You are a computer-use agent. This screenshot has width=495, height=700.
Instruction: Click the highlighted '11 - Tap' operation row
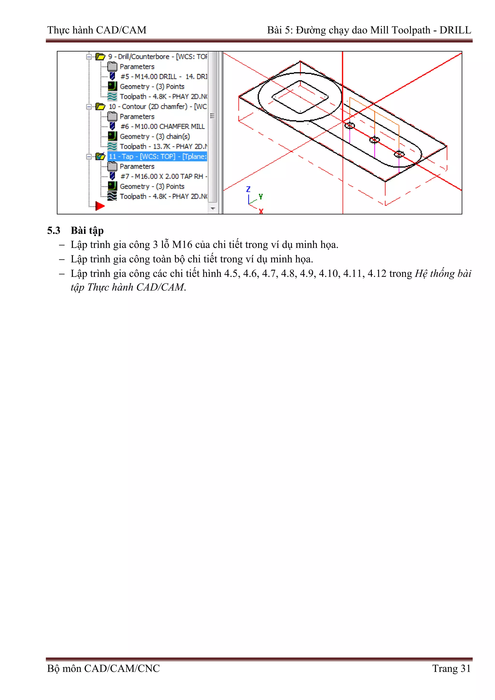[x=157, y=156]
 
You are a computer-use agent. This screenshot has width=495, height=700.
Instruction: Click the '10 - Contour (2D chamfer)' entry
[x=157, y=106]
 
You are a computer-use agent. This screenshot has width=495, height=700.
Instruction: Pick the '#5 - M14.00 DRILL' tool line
[x=163, y=77]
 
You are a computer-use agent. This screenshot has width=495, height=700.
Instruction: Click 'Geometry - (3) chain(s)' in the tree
[x=155, y=137]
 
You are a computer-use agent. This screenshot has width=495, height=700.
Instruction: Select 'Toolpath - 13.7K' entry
[x=163, y=147]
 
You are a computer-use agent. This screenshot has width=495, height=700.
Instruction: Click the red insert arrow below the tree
[x=99, y=206]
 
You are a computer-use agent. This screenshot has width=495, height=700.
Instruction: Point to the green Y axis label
[x=261, y=197]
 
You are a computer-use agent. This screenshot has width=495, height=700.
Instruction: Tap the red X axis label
[x=261, y=211]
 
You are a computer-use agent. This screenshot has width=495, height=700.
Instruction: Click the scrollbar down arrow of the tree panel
[x=213, y=209]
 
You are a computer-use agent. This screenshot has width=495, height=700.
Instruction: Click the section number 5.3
[x=54, y=231]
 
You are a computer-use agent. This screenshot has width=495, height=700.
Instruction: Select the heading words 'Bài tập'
[x=87, y=231]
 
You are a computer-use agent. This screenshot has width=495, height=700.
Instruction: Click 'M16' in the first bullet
[x=182, y=245]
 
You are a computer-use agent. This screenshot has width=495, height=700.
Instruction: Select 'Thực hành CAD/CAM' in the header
[x=97, y=30]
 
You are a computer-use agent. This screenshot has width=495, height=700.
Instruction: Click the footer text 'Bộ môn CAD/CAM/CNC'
[x=103, y=668]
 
